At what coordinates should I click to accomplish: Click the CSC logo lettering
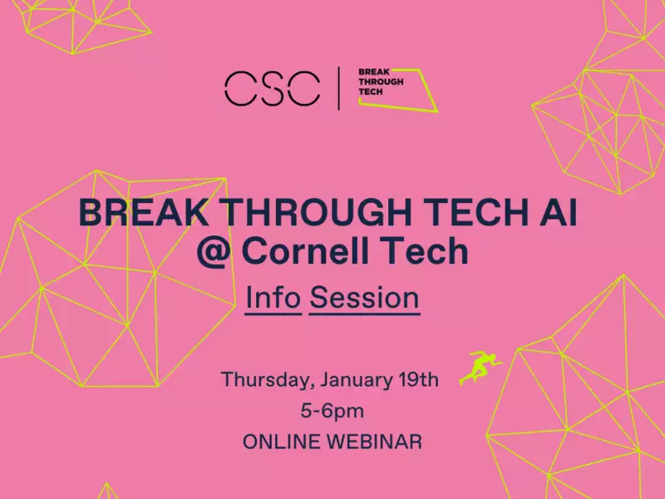(272, 88)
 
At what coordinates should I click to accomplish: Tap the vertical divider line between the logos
(338, 88)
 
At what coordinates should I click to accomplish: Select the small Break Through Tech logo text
(381, 82)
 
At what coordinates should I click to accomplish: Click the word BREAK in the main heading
(143, 213)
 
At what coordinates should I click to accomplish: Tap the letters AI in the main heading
(554, 213)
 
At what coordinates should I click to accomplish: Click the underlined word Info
(273, 299)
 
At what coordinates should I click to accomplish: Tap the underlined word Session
(364, 299)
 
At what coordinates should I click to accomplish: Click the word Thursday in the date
(268, 380)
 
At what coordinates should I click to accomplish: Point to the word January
(357, 381)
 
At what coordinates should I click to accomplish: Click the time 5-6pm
(332, 411)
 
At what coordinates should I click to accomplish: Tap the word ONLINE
(281, 442)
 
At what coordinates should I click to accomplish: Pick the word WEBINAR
(374, 442)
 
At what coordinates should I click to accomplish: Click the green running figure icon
(480, 368)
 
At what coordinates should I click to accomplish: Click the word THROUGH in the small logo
(381, 82)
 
